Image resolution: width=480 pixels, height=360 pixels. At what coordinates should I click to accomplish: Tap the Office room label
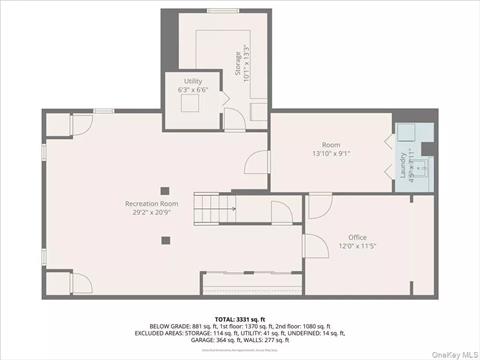tap(356, 237)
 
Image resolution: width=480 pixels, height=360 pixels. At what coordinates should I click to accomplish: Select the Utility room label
tap(193, 81)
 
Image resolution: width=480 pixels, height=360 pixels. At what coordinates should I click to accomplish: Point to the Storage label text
tap(238, 57)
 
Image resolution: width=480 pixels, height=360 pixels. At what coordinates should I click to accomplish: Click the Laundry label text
tap(405, 165)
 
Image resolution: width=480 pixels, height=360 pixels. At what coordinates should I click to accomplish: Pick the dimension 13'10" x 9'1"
tap(331, 153)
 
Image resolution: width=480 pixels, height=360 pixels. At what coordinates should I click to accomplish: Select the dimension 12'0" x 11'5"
tap(356, 246)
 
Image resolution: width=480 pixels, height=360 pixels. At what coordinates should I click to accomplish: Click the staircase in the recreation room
tap(213, 210)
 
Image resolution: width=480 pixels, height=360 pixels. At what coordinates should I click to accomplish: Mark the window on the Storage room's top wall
tap(221, 11)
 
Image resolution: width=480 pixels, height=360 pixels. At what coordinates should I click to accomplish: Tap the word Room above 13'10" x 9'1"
tap(331, 144)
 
